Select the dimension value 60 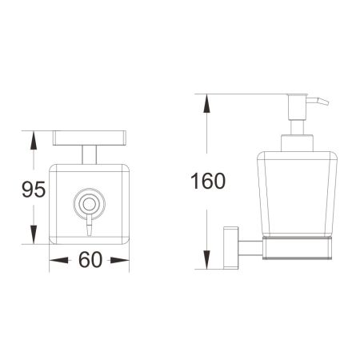pos(90,261)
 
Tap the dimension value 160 pos(210,180)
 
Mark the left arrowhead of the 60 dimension pos(56,261)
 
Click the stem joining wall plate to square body pos(87,153)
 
